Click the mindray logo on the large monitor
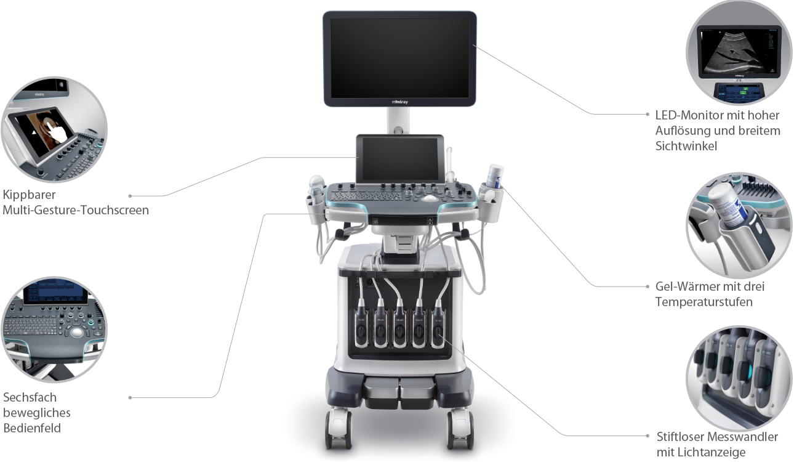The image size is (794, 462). point(399,102)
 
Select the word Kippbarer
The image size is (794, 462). point(29,195)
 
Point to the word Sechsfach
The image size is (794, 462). point(30,397)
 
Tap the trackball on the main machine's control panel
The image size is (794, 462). point(429,198)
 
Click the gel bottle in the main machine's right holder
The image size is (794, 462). point(494,176)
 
